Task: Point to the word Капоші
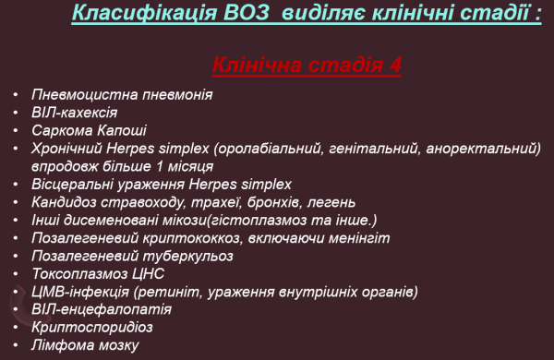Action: [117, 130]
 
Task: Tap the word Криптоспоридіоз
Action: [91, 327]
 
